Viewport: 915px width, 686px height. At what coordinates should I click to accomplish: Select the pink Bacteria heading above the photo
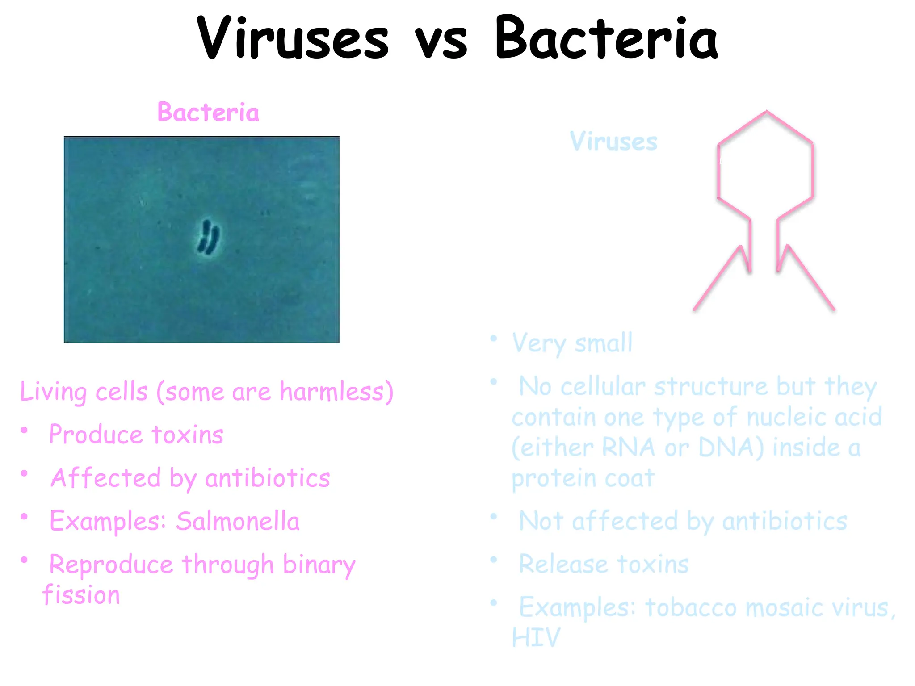click(208, 112)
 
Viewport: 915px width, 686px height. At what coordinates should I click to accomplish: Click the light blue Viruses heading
click(613, 142)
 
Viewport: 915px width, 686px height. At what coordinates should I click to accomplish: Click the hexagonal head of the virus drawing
click(765, 165)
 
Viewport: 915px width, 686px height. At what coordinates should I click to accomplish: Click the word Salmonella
click(238, 521)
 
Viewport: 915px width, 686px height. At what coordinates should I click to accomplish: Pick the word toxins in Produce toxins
click(187, 435)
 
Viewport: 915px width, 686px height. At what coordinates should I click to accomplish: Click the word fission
click(82, 595)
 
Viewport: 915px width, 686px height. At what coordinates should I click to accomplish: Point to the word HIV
click(536, 637)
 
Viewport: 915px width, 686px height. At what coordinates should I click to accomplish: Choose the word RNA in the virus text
click(628, 448)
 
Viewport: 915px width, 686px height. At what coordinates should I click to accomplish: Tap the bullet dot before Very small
click(493, 339)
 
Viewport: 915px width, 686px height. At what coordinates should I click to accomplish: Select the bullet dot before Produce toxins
click(25, 430)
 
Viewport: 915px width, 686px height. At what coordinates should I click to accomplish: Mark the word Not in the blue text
click(541, 521)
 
